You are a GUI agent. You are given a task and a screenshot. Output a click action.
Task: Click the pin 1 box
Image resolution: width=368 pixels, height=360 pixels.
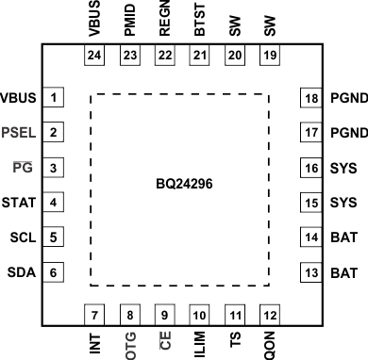coord(55,98)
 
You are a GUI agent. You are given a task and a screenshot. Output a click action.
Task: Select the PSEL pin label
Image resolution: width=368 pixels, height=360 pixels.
coord(19,133)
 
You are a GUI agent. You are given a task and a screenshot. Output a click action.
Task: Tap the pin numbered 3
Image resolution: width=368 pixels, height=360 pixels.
coord(55,168)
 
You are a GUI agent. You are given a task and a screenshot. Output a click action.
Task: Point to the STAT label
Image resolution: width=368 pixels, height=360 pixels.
coord(19,203)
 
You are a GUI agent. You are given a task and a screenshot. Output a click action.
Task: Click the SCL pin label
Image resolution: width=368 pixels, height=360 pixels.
coord(22,237)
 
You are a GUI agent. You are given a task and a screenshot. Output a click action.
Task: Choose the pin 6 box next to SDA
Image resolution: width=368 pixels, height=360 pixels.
coord(55,272)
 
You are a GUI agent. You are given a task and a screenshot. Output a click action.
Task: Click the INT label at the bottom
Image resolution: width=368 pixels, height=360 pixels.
coord(93,339)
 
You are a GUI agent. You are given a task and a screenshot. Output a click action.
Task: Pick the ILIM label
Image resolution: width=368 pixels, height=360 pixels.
coord(199,340)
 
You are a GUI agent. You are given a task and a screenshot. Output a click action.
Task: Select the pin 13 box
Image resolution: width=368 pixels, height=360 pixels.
coord(311,272)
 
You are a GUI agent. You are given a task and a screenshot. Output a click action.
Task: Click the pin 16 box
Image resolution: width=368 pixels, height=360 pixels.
coord(311,168)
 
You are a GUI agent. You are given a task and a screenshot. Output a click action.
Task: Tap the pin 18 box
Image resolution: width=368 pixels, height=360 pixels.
coord(311,98)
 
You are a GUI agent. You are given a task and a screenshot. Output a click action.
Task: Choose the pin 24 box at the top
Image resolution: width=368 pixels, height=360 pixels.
coord(93,56)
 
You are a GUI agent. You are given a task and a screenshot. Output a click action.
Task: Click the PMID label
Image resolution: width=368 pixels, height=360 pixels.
coord(128,20)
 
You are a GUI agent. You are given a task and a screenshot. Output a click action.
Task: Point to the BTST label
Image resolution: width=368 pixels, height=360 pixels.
coord(199,20)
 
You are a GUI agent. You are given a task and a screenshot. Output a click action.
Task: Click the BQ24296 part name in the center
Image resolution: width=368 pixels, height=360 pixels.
coord(184,184)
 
